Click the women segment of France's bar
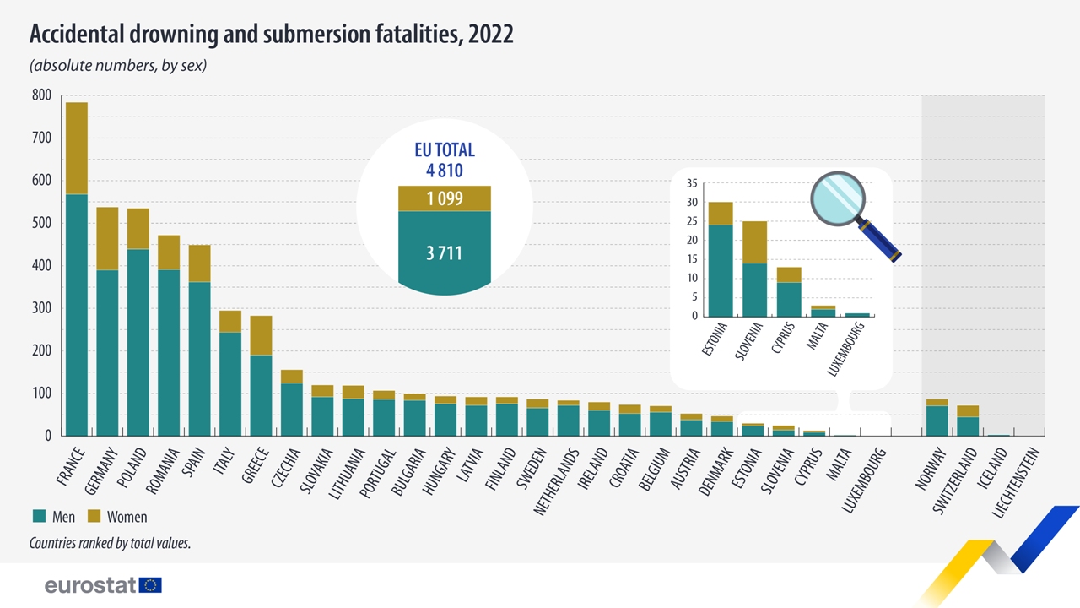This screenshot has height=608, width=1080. coord(77,148)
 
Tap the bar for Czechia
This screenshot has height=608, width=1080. coord(292,403)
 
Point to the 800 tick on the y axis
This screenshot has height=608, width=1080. coord(41,95)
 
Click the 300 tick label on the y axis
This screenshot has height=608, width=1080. coord(41,309)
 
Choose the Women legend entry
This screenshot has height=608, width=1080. coord(127,517)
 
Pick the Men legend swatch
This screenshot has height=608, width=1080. coord(39,517)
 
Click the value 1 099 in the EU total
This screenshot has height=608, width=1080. coord(444,199)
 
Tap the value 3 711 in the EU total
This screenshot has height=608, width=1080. coord(444,252)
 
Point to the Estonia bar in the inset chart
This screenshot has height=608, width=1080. coord(721,259)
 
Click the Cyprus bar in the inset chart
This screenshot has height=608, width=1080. coord(789,291)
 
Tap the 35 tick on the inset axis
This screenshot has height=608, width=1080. coord(691,183)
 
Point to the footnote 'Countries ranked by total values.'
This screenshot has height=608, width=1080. coord(110,544)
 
